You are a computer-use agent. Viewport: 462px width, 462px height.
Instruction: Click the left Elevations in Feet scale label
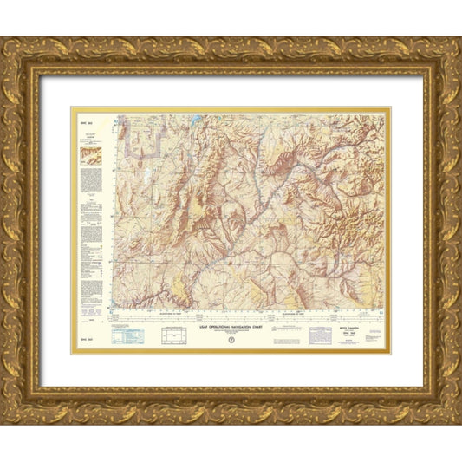point(162,313)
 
